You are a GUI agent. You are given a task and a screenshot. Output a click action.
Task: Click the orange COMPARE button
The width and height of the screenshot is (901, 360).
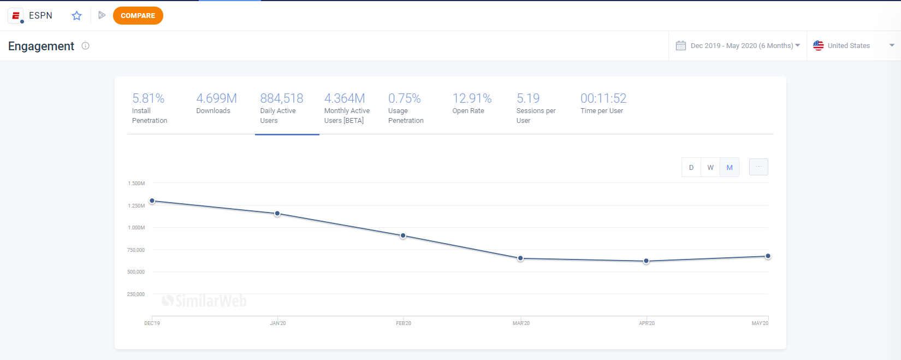click(138, 16)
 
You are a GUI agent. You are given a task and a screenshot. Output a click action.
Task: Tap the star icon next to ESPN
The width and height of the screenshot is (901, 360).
click(76, 16)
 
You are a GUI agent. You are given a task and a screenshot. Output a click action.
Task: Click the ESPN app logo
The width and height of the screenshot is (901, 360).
click(16, 16)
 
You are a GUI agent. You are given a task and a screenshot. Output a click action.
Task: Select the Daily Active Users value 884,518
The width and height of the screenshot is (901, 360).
click(282, 98)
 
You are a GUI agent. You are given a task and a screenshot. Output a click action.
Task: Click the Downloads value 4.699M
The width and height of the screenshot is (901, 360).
click(216, 98)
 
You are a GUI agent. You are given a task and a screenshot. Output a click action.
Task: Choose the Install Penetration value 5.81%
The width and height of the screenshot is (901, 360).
click(149, 98)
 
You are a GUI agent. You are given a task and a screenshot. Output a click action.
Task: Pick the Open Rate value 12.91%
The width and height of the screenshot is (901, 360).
click(472, 98)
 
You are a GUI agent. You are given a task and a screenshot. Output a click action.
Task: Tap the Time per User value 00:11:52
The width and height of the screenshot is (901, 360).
click(603, 98)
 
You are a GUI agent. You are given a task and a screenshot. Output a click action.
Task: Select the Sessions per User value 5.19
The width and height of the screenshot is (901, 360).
click(528, 98)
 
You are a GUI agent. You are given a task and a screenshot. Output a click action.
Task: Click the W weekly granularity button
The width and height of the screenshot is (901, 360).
click(710, 167)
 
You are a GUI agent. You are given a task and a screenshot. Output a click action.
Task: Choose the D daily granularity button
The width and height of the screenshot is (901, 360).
click(691, 167)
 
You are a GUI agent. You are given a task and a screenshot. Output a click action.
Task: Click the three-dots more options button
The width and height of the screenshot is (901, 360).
click(758, 167)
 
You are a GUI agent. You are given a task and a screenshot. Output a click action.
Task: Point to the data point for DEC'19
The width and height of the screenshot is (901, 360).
click(152, 200)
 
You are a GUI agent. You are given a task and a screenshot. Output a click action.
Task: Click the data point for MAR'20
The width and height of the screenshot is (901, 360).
click(520, 258)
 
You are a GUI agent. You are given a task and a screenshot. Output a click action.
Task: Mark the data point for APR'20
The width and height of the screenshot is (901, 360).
click(647, 261)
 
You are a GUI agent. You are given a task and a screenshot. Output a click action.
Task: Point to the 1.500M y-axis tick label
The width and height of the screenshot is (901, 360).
click(137, 184)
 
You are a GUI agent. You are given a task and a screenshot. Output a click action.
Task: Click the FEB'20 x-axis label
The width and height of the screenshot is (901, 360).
click(404, 323)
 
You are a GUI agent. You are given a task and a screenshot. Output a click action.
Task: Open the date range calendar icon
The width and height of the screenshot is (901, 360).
click(680, 45)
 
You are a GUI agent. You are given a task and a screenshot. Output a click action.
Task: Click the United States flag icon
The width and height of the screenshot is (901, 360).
click(818, 45)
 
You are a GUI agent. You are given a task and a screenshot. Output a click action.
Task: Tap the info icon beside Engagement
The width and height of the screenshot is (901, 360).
click(85, 46)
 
